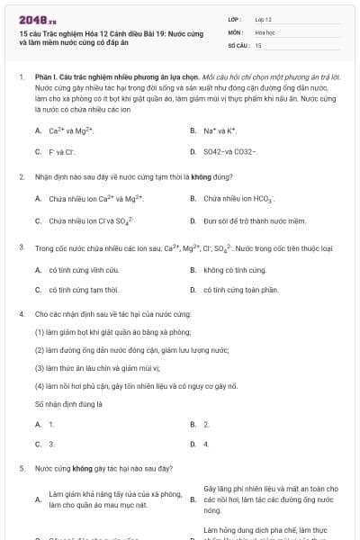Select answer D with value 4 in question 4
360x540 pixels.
(206, 444)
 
